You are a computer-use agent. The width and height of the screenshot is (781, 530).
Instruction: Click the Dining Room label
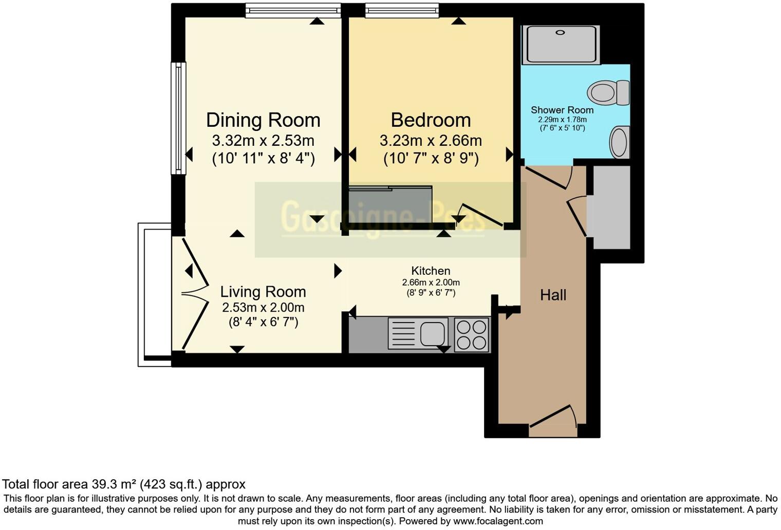(263, 120)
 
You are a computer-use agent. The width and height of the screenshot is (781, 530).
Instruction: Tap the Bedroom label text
(431, 120)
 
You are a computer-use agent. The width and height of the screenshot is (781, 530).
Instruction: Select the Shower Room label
(562, 110)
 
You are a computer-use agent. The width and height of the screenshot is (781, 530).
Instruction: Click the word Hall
(553, 295)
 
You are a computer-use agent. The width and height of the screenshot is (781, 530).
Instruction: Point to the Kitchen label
(431, 271)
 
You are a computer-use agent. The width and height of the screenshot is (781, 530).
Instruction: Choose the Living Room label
(263, 292)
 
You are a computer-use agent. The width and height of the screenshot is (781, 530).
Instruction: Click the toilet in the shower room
(608, 92)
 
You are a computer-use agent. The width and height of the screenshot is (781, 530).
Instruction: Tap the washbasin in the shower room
(620, 142)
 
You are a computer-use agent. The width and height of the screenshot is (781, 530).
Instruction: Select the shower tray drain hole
(560, 33)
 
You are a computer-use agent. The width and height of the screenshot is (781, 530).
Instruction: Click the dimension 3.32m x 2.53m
(263, 141)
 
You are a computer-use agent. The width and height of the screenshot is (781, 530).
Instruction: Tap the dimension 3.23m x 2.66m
(431, 141)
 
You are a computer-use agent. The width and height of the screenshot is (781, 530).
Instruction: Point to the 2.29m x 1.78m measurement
(563, 120)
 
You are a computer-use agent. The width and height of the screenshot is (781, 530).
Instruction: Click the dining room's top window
(293, 10)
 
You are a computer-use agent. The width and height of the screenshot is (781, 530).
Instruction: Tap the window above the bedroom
(402, 10)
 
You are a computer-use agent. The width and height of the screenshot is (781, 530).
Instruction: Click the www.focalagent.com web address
(498, 521)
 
